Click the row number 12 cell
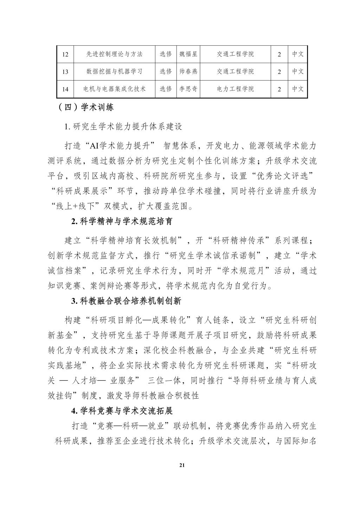pos(65,54)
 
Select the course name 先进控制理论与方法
pos(115,54)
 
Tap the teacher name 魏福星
pos(188,54)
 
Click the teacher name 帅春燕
pos(188,71)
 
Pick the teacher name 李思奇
pos(188,89)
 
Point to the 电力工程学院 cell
pos(235,89)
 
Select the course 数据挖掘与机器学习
pos(115,71)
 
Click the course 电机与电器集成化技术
pos(115,89)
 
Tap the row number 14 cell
pos(65,89)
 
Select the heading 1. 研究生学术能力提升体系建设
pos(123,127)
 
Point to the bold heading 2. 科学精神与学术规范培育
pos(122,222)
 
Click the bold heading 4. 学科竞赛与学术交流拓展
pos(122,411)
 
